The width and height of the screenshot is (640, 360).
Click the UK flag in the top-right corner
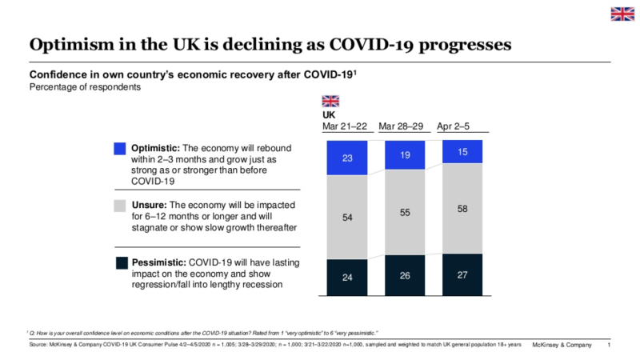coord(622,14)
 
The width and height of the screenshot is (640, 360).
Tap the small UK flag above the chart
coord(330,101)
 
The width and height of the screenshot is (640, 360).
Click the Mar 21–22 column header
coord(346,126)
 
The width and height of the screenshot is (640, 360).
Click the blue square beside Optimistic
coord(120,149)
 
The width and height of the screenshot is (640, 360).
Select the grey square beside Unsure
coord(120,206)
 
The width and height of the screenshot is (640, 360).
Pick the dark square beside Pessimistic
coord(120,262)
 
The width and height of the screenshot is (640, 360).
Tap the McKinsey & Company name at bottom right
coord(562,345)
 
